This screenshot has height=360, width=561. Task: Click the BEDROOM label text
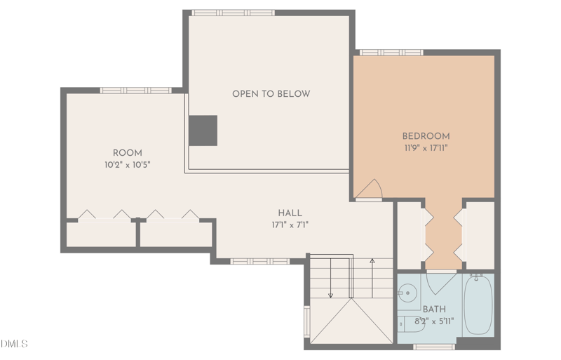coord(426,136)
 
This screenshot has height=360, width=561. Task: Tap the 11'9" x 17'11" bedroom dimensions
coord(426,148)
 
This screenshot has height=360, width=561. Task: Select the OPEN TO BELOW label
coord(271,94)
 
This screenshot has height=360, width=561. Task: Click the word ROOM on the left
coord(127,153)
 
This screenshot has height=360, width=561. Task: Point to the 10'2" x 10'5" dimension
coord(127,164)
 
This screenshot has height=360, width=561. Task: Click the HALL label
coord(290,213)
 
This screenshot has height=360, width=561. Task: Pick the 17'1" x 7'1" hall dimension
coord(290,225)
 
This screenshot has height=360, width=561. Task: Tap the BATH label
coord(434,309)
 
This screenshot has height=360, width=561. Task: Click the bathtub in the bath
coord(478,305)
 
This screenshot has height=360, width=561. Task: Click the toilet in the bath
coord(408,325)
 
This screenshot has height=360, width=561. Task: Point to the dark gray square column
coord(203,131)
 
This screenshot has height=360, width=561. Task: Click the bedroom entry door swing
coord(370,189)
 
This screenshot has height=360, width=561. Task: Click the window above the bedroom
coord(391,53)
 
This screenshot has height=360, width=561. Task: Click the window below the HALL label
coord(259,261)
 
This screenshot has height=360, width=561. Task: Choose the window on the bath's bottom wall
coord(434,346)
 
